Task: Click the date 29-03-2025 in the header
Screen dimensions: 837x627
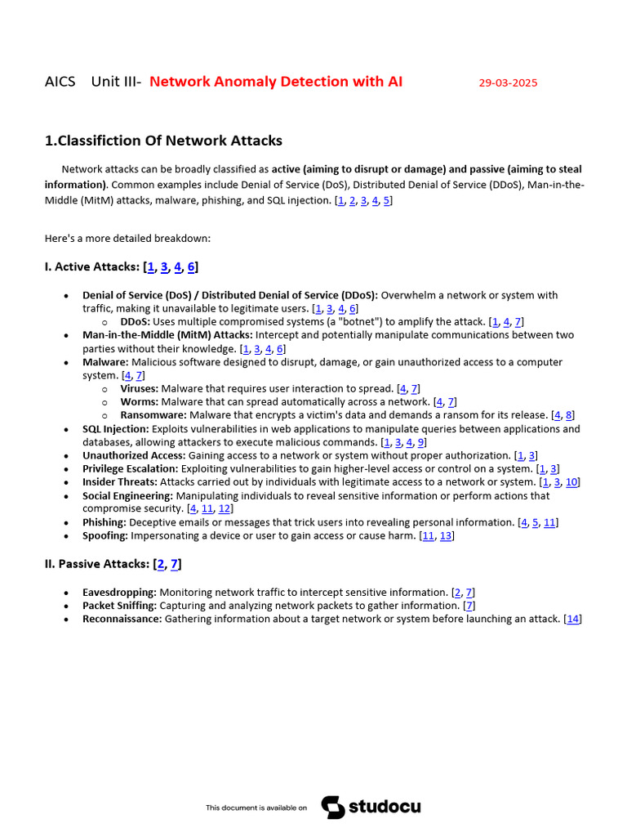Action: coord(508,83)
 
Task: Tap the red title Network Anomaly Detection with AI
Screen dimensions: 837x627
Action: coord(276,82)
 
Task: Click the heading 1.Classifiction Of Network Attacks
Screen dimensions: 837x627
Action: coord(163,141)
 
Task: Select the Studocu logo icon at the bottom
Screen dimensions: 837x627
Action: coord(332,807)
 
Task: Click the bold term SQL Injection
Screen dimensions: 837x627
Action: coord(115,429)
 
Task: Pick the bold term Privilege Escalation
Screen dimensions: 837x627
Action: coord(130,469)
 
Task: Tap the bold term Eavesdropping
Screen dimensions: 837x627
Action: coord(119,592)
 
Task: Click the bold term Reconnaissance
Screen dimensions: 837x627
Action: coord(122,619)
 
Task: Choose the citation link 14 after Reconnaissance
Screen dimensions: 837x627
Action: coord(573,619)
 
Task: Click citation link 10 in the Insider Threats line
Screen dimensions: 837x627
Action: coord(572,482)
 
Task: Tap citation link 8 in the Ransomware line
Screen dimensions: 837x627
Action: coord(569,415)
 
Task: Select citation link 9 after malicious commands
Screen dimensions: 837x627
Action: coord(421,442)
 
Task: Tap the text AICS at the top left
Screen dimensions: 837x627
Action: coord(60,82)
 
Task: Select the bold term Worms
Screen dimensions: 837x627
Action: coord(139,402)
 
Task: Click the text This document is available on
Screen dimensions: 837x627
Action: coord(256,808)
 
